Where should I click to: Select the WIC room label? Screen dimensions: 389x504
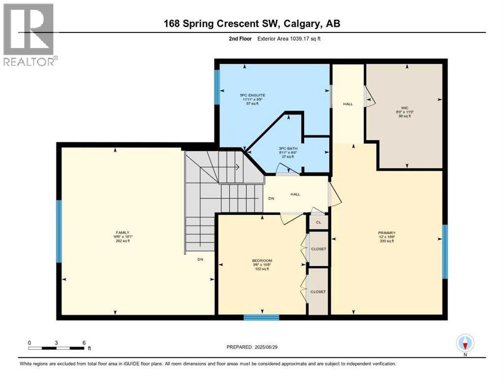[404, 107]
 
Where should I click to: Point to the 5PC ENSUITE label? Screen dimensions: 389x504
[253, 95]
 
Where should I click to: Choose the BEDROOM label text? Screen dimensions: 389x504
[262, 260]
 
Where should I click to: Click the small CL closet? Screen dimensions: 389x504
[318, 222]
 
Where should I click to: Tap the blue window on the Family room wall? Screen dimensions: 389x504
[59, 231]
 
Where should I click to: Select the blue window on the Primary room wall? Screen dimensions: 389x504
[445, 252]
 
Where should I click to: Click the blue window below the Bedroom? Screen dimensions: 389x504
[261, 318]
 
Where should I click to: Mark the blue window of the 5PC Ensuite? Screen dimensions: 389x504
[217, 87]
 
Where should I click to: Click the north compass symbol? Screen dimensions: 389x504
[464, 343]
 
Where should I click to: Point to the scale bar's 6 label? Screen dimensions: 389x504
[84, 342]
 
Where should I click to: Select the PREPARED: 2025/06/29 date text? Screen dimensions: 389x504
[253, 347]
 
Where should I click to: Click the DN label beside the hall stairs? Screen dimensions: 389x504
[272, 199]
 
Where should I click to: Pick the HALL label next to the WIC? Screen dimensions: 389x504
[348, 104]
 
